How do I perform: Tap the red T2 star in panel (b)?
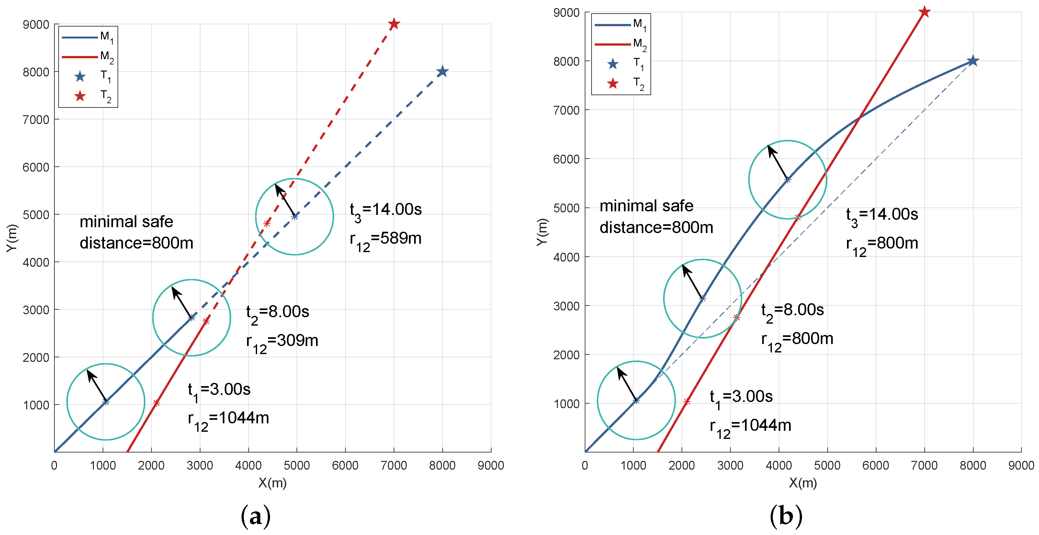pyautogui.click(x=924, y=12)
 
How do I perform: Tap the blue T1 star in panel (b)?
pyautogui.click(x=972, y=61)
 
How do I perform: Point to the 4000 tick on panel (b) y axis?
pyautogui.click(x=567, y=257)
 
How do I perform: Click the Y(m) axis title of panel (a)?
pyautogui.click(x=12, y=238)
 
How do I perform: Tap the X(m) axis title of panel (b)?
pyautogui.click(x=803, y=483)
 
